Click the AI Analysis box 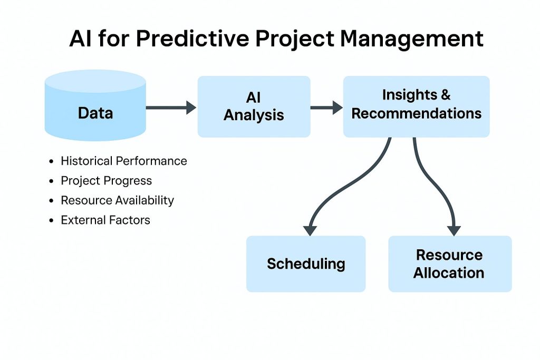click(254, 107)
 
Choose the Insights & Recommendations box click(416, 106)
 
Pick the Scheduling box click(306, 264)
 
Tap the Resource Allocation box click(449, 264)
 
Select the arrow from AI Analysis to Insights click(326, 108)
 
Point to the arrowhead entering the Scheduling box click(310, 230)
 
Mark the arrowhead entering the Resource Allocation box click(454, 230)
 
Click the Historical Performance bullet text click(124, 161)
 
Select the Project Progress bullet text click(106, 181)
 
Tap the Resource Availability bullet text click(117, 200)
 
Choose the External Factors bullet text click(105, 220)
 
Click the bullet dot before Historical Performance click(51, 161)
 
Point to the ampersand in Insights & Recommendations click(445, 95)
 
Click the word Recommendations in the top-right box click(416, 113)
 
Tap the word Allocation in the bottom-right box click(449, 273)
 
